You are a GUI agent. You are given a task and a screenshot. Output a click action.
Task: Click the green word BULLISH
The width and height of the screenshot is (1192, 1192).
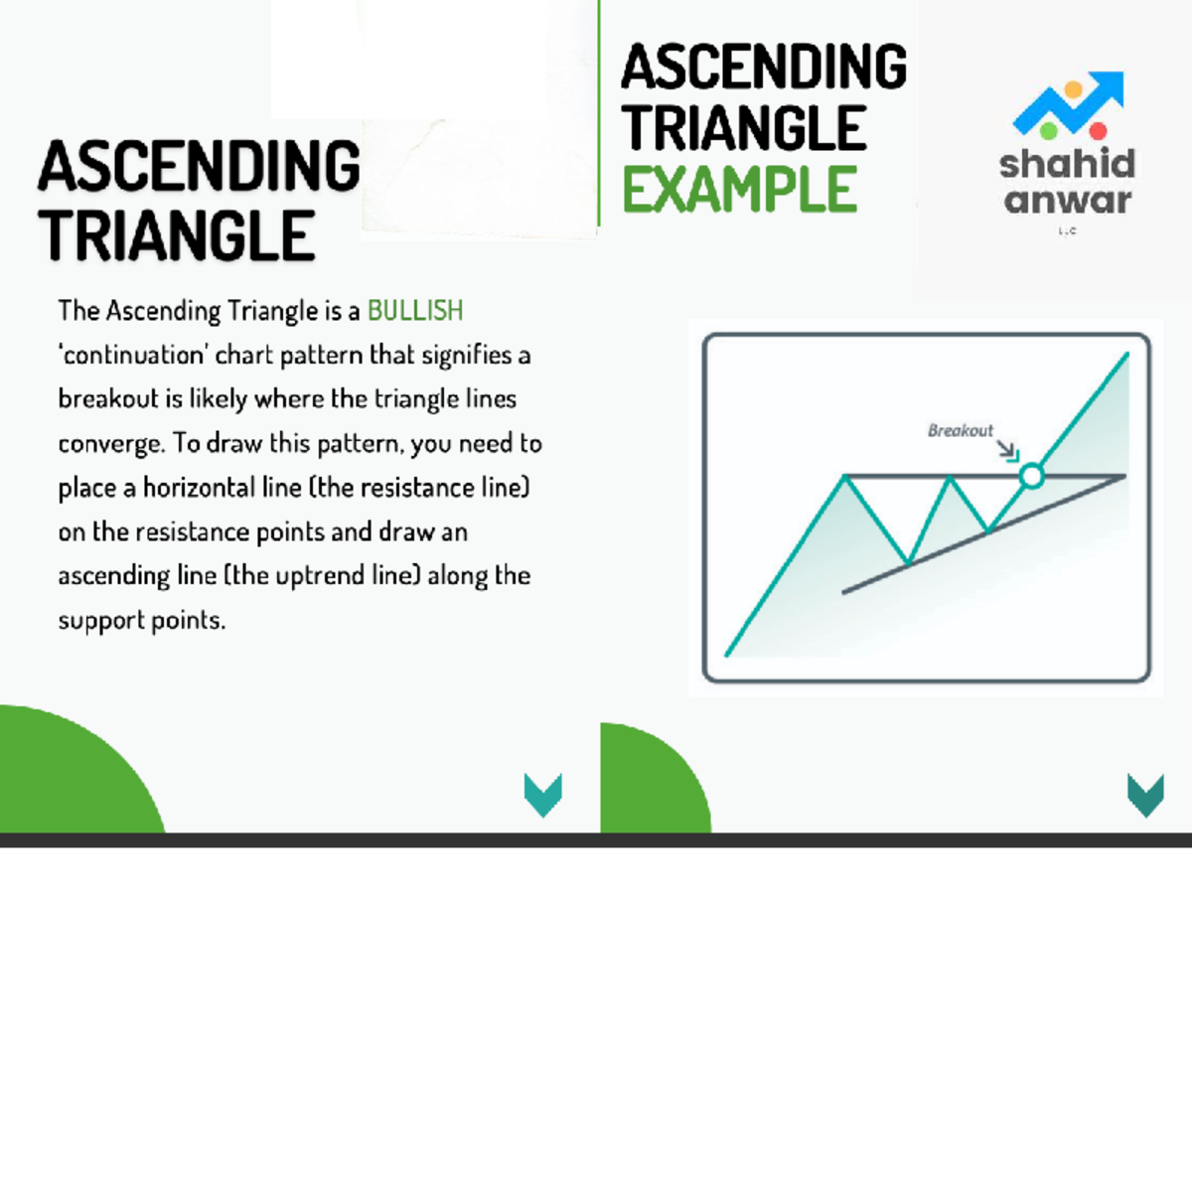pos(415,311)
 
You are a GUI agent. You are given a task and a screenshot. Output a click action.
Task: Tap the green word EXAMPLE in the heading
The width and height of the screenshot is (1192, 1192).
pos(739,190)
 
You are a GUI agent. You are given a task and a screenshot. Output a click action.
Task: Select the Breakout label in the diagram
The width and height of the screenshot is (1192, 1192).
pos(960,430)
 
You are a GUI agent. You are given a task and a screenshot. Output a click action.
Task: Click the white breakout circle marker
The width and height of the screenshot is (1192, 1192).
pos(1032,477)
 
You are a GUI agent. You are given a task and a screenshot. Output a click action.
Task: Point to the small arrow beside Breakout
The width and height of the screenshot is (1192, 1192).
pos(1008,451)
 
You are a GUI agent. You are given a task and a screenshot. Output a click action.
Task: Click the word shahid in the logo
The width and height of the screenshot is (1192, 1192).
pos(1067,164)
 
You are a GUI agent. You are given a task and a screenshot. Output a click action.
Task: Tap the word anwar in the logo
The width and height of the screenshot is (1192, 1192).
pos(1067,201)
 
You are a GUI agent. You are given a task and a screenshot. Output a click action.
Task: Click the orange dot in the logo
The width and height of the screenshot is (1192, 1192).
pos(1073,90)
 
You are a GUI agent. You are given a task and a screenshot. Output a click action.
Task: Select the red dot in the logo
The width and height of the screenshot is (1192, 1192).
pos(1098,131)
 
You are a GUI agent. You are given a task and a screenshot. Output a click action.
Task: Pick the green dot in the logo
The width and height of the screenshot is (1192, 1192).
pos(1047,130)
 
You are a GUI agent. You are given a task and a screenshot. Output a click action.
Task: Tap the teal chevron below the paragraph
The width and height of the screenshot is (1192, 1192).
pos(543,795)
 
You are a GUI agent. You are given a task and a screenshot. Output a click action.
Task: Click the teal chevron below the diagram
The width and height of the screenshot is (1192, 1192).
pos(1145,795)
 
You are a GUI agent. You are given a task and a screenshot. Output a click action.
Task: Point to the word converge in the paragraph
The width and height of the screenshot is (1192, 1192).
pos(109,444)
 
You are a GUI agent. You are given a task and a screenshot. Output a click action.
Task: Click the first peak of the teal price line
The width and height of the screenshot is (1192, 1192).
pos(845,477)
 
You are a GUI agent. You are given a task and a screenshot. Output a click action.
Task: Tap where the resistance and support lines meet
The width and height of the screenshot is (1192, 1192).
pos(1124,477)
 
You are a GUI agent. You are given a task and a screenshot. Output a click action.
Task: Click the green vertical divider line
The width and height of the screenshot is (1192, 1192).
pos(599,114)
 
